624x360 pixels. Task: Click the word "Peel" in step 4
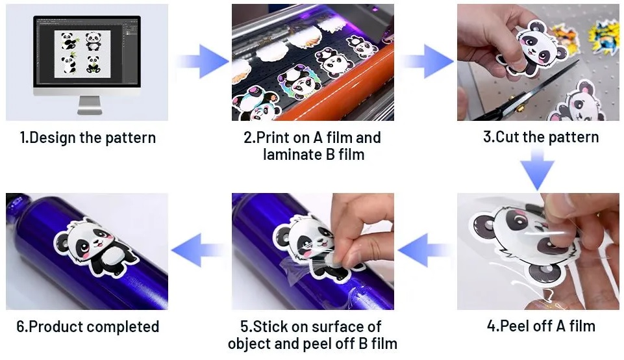click(x=512, y=326)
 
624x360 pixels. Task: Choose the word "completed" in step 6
click(x=123, y=327)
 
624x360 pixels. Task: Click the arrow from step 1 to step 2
click(x=201, y=62)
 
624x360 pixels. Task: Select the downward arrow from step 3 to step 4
click(x=538, y=169)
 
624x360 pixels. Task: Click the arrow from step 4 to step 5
click(x=425, y=250)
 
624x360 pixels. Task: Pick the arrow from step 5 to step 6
click(x=199, y=250)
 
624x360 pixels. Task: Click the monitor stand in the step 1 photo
click(x=89, y=105)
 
